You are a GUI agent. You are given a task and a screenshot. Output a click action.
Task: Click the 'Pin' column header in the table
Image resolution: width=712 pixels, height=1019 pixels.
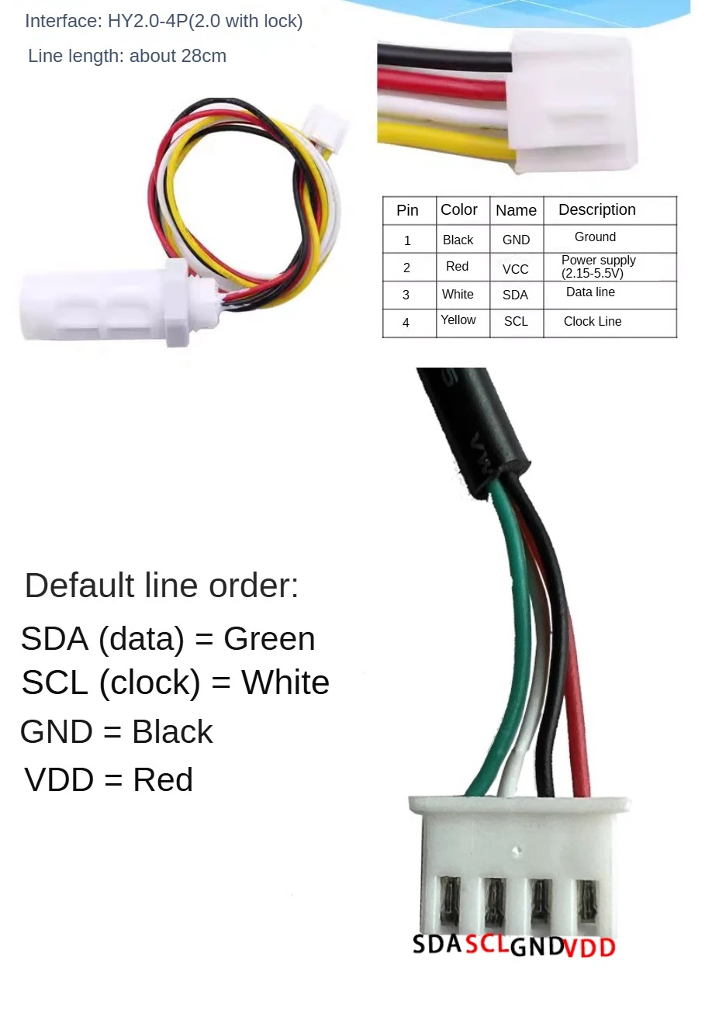tap(407, 210)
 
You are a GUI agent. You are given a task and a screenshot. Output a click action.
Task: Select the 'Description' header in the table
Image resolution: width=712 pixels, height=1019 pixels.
tap(596, 209)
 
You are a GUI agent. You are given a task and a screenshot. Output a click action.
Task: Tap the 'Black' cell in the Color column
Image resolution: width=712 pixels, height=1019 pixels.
tap(458, 240)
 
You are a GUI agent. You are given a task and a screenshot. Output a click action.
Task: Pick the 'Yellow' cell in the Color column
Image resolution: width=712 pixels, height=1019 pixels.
tap(458, 320)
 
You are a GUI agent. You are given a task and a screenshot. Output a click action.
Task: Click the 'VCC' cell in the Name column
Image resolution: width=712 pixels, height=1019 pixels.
tap(515, 269)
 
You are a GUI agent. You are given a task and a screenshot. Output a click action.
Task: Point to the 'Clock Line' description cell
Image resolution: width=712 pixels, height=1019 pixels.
tap(592, 321)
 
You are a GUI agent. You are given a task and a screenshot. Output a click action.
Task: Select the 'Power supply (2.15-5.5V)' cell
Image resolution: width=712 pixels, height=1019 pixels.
tap(598, 267)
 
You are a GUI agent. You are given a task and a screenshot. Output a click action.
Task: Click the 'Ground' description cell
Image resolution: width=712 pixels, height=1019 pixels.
tap(595, 237)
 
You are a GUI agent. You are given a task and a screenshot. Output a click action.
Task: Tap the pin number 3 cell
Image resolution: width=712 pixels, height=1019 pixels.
tap(406, 295)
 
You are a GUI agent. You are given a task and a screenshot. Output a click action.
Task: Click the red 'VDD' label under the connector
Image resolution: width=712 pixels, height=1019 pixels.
tap(589, 948)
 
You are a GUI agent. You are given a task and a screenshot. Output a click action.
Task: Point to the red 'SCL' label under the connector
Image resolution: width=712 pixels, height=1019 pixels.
tap(487, 945)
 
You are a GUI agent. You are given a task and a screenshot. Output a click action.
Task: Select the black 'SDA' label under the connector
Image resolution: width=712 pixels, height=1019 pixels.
tap(437, 945)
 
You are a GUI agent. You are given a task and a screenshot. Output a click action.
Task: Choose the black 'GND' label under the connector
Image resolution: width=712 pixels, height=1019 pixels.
tap(537, 947)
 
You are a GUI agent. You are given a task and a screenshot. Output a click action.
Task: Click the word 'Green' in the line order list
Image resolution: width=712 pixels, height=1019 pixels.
tap(269, 639)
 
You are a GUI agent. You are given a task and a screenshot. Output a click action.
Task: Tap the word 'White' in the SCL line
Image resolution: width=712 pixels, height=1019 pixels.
tap(285, 683)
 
